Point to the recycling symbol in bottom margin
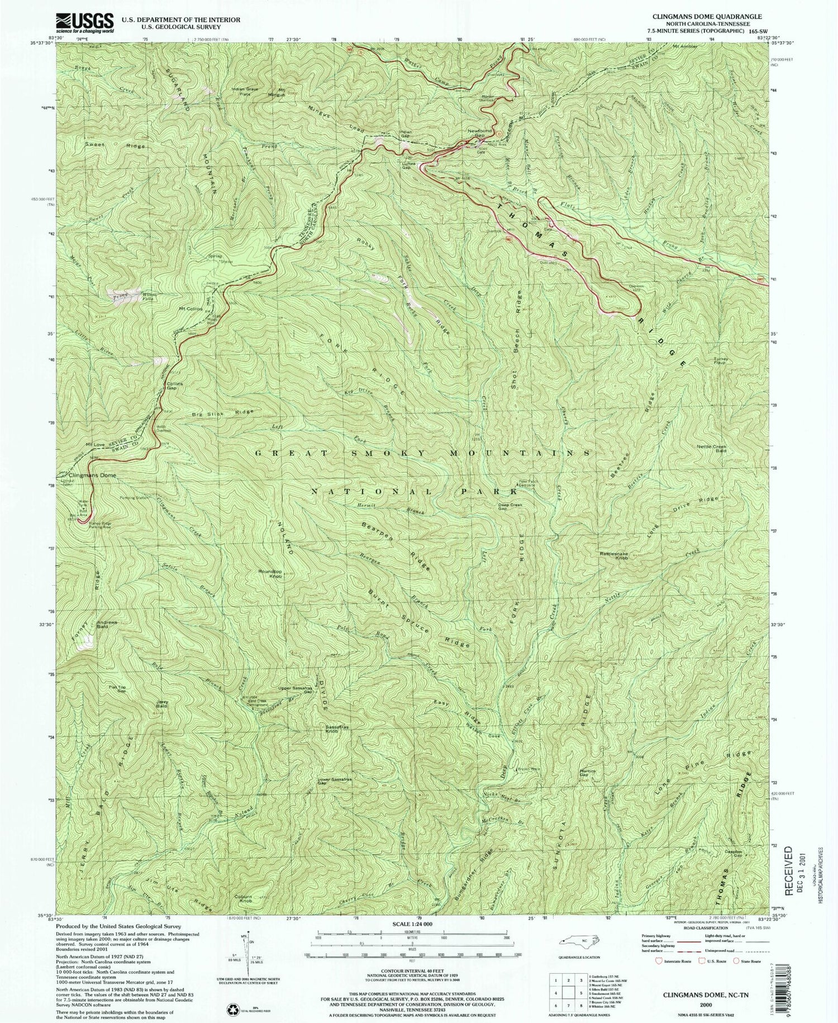pyautogui.click(x=231, y=993)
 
